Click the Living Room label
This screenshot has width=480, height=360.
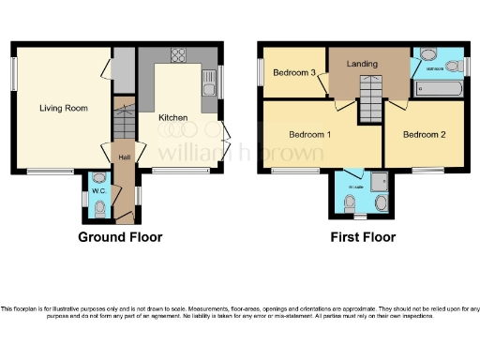(63, 109)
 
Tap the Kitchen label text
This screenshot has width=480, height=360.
(173, 118)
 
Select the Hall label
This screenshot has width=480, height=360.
(124, 156)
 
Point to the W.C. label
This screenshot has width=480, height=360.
(98, 191)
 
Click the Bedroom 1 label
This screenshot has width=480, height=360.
(314, 135)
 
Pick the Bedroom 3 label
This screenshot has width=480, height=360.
(292, 73)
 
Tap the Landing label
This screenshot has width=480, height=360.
(363, 64)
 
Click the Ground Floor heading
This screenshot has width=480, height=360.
(120, 237)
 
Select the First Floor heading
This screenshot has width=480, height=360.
(363, 237)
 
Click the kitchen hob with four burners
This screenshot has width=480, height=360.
(176, 55)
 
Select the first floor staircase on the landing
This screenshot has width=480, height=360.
(372, 99)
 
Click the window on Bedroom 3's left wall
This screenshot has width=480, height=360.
(262, 72)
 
